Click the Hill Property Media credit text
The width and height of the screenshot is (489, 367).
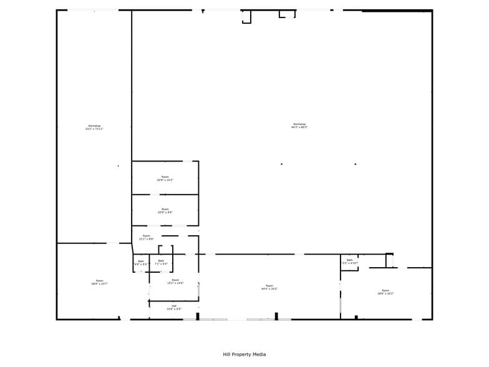[244, 355]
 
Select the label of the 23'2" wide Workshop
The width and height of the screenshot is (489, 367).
[94, 127]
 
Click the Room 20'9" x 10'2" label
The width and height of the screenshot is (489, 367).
[165, 179]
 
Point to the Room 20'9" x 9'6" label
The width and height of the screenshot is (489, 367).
[165, 211]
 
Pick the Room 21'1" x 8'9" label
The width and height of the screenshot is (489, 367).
[147, 237]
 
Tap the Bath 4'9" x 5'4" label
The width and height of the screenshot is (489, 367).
[141, 263]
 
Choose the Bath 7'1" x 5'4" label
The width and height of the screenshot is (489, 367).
[161, 262]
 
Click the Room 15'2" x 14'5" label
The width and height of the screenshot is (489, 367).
[175, 281]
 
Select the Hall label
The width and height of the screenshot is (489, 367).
[174, 307]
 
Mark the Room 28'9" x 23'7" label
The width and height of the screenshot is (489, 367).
[99, 282]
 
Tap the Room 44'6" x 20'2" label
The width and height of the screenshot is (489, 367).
[269, 287]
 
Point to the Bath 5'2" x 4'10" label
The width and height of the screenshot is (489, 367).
[349, 262]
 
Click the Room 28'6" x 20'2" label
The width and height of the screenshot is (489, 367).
[385, 291]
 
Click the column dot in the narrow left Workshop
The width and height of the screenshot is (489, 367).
[118, 166]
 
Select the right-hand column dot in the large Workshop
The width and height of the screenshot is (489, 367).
[356, 164]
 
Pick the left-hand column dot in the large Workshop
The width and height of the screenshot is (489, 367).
[281, 164]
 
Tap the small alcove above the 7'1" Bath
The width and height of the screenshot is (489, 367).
[166, 250]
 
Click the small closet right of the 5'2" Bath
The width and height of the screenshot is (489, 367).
[390, 260]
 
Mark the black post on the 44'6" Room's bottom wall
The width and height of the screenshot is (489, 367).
[276, 316]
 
